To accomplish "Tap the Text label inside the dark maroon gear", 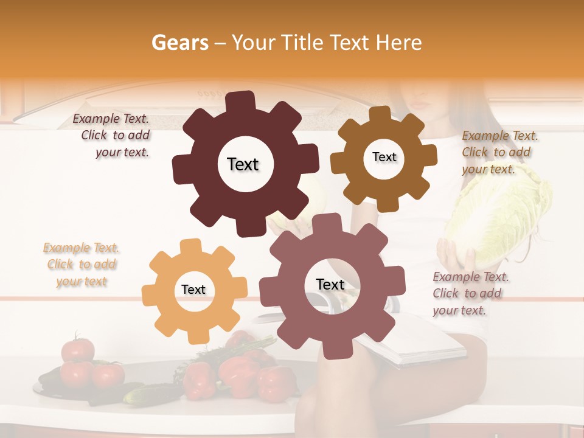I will [x=243, y=164].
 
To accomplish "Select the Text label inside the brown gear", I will [x=384, y=157].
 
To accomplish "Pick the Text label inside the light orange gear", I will [x=193, y=290].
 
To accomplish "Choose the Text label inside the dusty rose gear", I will [x=330, y=284].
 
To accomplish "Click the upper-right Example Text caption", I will [x=499, y=152].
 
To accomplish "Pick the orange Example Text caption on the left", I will [x=82, y=265].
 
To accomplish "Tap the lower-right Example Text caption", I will [x=470, y=293].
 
